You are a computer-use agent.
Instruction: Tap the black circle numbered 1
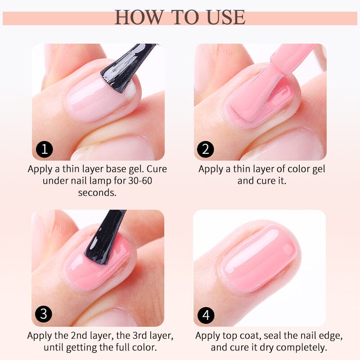click(44, 149)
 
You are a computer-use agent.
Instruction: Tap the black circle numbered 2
click(206, 149)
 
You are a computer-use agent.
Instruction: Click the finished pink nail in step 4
click(259, 256)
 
